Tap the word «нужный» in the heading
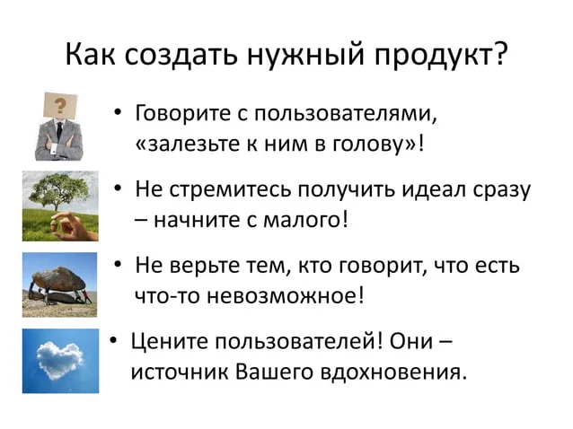tap(306, 55)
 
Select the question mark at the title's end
tap(500, 53)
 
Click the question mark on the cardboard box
tap(61, 106)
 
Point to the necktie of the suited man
tap(59, 131)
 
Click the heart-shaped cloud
tap(60, 360)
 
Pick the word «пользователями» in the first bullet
tap(346, 114)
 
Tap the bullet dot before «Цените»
tap(113, 340)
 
